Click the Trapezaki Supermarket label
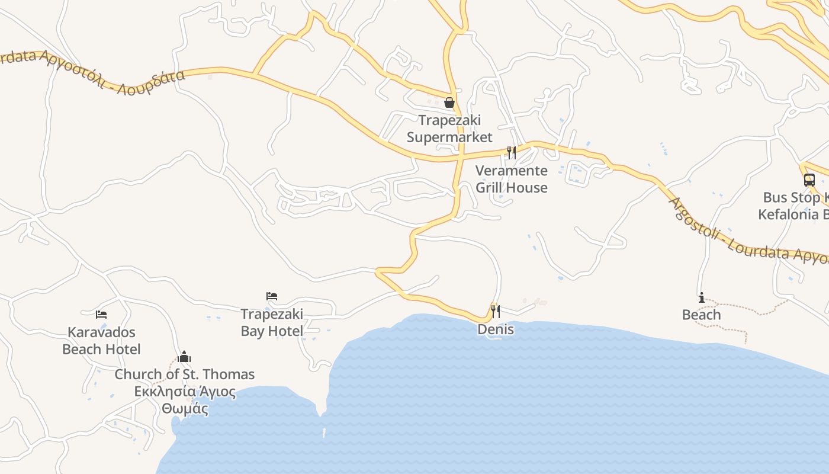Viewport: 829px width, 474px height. [x=449, y=129]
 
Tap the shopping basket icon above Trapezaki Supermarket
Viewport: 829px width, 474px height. [x=449, y=103]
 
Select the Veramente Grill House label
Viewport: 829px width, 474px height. [x=512, y=179]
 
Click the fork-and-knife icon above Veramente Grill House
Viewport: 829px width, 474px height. [x=512, y=152]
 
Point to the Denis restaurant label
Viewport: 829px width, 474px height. [x=496, y=329]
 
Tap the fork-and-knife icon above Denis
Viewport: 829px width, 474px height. [x=496, y=310]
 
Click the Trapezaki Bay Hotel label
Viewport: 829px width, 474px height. [x=272, y=322]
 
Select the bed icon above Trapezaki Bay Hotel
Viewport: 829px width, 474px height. [x=272, y=296]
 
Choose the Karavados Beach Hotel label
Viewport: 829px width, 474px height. [x=101, y=341]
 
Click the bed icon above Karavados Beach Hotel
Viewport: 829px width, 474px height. [x=101, y=314]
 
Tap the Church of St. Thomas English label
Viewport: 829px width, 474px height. [x=184, y=374]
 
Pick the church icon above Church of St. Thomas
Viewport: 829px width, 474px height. [x=184, y=357]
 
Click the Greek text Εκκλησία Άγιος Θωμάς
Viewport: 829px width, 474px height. [x=185, y=401]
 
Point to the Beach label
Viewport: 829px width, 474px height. [x=701, y=315]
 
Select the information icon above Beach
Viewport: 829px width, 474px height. [x=702, y=297]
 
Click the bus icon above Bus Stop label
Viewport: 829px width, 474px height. [x=809, y=180]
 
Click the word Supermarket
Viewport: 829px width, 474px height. [x=449, y=137]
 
